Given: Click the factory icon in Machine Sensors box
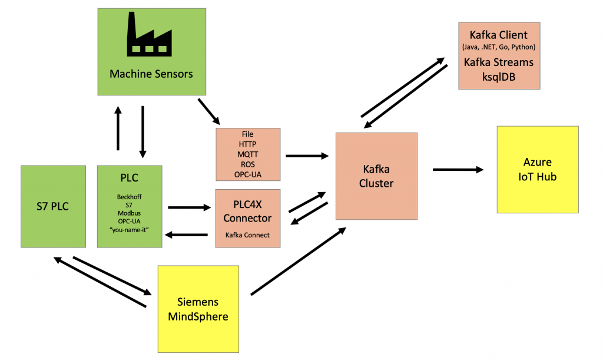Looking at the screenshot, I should pyautogui.click(x=151, y=36).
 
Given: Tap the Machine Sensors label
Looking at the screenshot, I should pyautogui.click(x=151, y=74).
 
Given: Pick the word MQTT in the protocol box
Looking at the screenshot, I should pyautogui.click(x=248, y=153).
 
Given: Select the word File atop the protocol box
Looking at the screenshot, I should pyautogui.click(x=248, y=134).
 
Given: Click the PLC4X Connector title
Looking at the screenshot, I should pyautogui.click(x=248, y=212).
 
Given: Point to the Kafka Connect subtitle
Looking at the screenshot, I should pyautogui.click(x=248, y=235).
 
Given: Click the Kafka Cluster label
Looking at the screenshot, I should pyautogui.click(x=376, y=176).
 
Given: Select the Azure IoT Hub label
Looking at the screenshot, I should pyautogui.click(x=537, y=169).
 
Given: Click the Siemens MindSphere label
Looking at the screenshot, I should pyautogui.click(x=198, y=309).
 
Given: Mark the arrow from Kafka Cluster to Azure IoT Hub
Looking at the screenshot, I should pyautogui.click(x=458, y=170).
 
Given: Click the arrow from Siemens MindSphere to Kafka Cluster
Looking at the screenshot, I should pyautogui.click(x=298, y=261).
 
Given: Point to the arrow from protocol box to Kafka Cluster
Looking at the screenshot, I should pyautogui.click(x=306, y=156).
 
